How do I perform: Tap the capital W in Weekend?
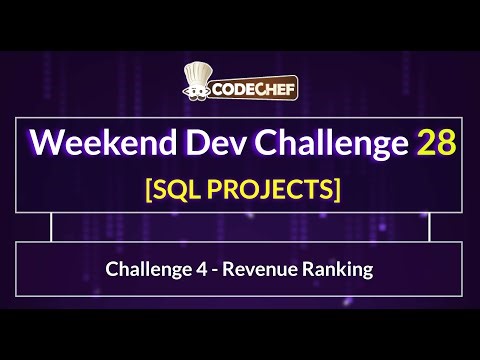point(44,143)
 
